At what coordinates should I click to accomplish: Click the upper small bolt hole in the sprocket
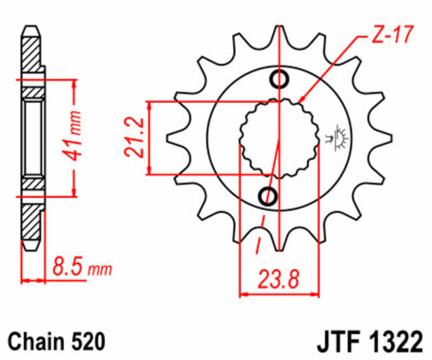(x=280, y=79)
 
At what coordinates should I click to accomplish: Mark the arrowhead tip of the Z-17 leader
(x=300, y=102)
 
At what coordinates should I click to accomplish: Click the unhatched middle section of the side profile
(x=32, y=138)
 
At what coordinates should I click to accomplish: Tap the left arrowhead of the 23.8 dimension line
(x=242, y=295)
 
